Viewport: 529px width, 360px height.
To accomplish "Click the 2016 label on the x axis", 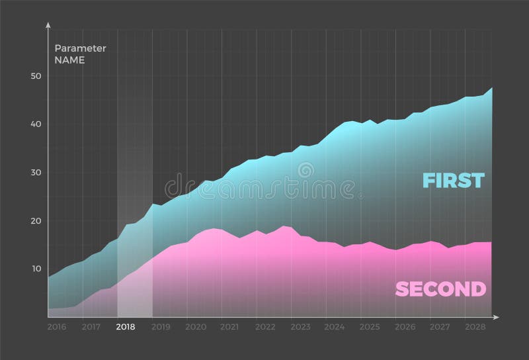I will pyautogui.click(x=57, y=327).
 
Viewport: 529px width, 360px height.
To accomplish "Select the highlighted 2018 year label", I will pyautogui.click(x=126, y=327).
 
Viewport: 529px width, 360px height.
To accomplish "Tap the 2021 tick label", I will pyautogui.click(x=229, y=327).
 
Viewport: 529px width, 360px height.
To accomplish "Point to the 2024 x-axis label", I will pyautogui.click(x=335, y=327).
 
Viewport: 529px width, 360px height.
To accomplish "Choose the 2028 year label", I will pyautogui.click(x=473, y=327).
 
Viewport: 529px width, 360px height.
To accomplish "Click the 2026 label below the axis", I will pyautogui.click(x=404, y=327).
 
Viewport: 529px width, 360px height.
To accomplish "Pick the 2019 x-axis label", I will pyautogui.click(x=161, y=327).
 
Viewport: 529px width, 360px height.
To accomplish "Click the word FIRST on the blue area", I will pyautogui.click(x=454, y=180).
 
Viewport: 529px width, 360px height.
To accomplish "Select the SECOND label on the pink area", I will pyautogui.click(x=440, y=289).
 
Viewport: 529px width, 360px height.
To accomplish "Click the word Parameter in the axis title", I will pyautogui.click(x=80, y=48).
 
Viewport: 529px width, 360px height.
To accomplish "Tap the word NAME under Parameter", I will pyautogui.click(x=69, y=60).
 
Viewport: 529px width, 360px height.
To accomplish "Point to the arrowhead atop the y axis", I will pyautogui.click(x=48, y=24).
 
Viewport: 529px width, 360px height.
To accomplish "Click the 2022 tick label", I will pyautogui.click(x=265, y=327).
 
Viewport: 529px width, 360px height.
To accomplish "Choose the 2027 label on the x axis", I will pyautogui.click(x=439, y=327).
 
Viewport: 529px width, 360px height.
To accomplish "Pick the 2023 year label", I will pyautogui.click(x=300, y=327).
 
